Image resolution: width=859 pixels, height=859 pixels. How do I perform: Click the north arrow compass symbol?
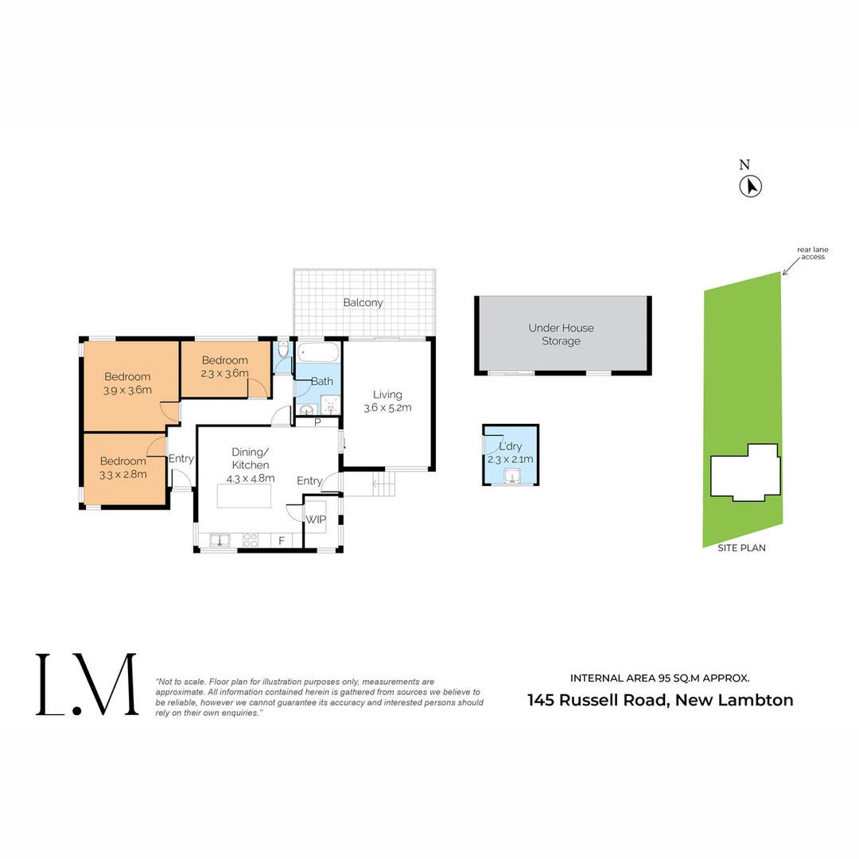(751, 186)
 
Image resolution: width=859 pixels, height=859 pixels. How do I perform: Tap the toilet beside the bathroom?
(284, 351)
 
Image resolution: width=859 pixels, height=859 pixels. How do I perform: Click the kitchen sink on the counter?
(220, 541)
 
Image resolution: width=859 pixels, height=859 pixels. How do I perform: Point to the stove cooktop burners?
(251, 541)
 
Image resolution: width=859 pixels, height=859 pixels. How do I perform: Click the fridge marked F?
(282, 541)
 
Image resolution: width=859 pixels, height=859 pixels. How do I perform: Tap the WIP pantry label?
(316, 519)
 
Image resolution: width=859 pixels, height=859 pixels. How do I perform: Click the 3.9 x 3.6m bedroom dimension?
(127, 390)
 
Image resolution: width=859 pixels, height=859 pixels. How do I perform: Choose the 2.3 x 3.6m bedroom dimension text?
(225, 372)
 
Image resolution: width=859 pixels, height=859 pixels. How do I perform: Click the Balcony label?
(363, 303)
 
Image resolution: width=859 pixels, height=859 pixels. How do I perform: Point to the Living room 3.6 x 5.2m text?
(388, 408)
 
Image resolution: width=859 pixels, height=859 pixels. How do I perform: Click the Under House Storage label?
(561, 334)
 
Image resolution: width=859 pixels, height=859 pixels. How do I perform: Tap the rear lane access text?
(812, 253)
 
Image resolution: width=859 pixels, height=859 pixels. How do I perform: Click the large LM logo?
(86, 684)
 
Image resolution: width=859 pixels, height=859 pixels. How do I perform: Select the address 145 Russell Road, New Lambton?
(660, 701)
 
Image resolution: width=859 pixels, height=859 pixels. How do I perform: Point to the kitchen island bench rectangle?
(243, 496)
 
